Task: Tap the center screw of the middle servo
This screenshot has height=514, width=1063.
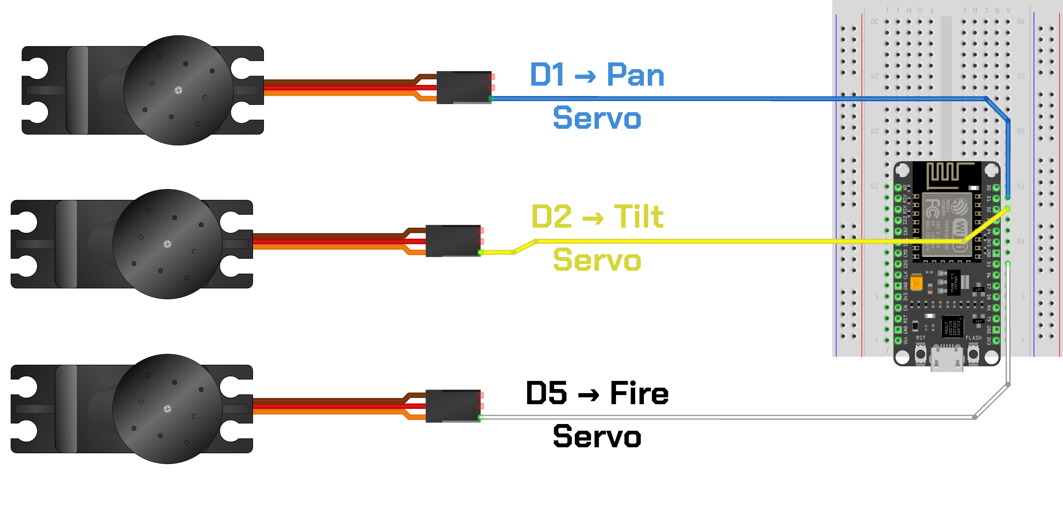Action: tap(167, 244)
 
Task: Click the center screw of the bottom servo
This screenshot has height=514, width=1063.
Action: tap(167, 409)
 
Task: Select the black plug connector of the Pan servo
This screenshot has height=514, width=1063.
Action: tap(463, 87)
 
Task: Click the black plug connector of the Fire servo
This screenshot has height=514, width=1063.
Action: tap(453, 406)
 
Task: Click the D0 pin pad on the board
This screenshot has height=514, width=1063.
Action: tap(996, 187)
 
